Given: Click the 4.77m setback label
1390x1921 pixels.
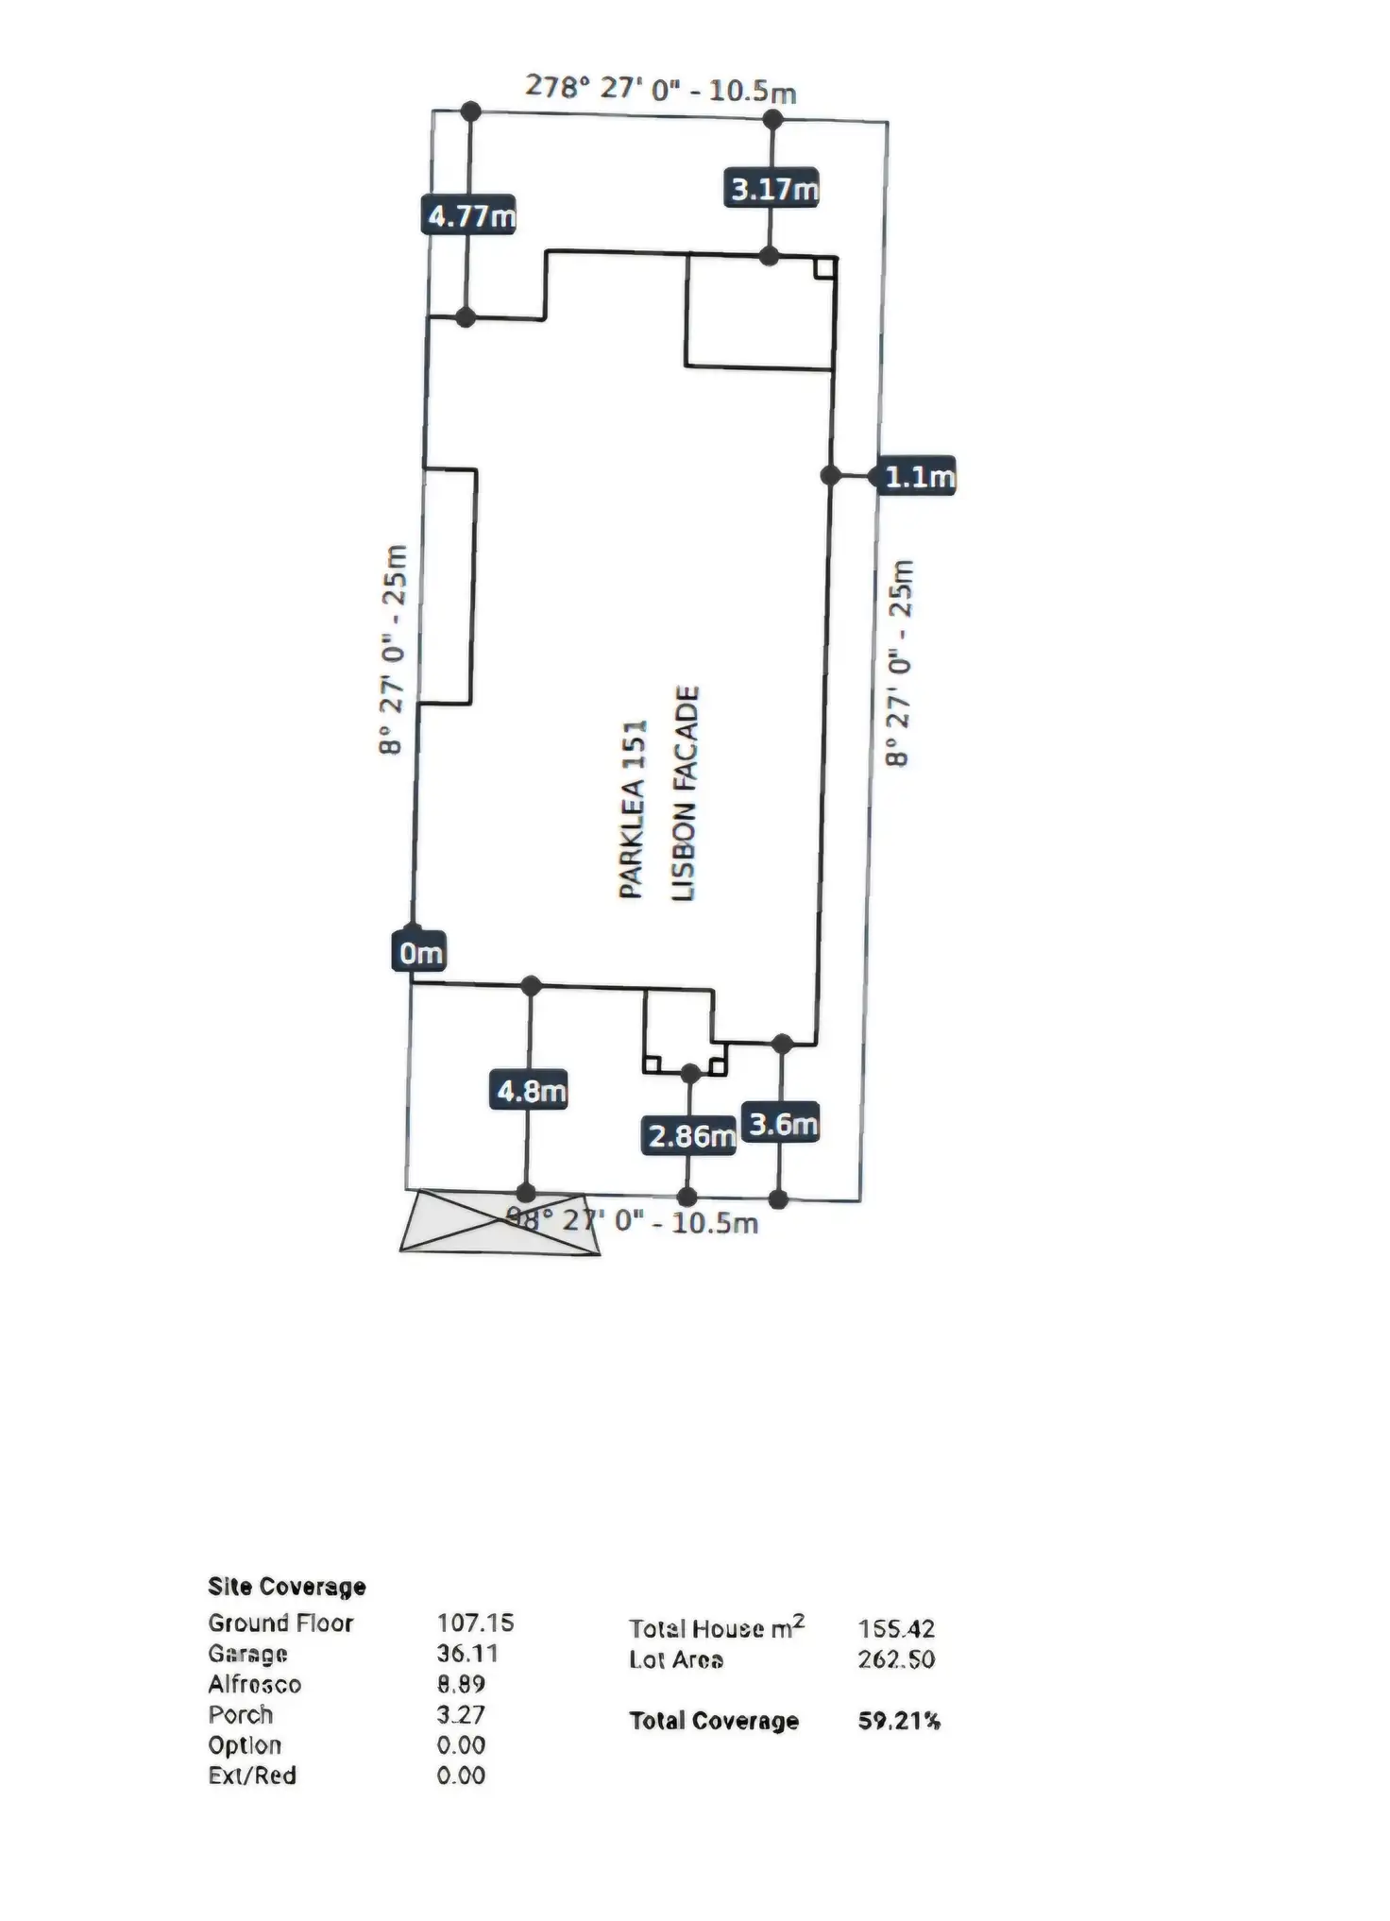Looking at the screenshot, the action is click(469, 216).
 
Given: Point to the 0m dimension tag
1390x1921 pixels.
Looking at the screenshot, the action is click(419, 953).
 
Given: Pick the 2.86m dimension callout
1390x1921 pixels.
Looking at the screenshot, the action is click(690, 1135).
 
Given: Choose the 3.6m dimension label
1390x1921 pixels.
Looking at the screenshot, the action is click(782, 1124).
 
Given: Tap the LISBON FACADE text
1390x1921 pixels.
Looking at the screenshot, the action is click(685, 793).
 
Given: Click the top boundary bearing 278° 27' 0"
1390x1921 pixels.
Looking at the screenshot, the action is click(660, 89).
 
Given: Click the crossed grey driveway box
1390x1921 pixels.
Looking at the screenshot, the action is click(500, 1222).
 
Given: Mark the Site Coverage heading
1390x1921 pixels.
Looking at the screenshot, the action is click(286, 1586).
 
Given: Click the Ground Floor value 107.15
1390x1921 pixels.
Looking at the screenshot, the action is click(475, 1623).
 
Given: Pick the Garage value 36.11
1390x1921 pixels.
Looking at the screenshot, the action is click(467, 1653).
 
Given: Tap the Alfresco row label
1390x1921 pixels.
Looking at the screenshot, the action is click(254, 1684).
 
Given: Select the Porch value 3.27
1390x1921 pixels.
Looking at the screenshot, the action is click(461, 1714).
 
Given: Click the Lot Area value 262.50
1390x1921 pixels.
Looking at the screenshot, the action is click(896, 1659).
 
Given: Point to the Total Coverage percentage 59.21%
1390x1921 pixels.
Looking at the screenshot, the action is click(899, 1721).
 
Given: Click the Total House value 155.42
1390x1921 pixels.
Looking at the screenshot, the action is click(896, 1629).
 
